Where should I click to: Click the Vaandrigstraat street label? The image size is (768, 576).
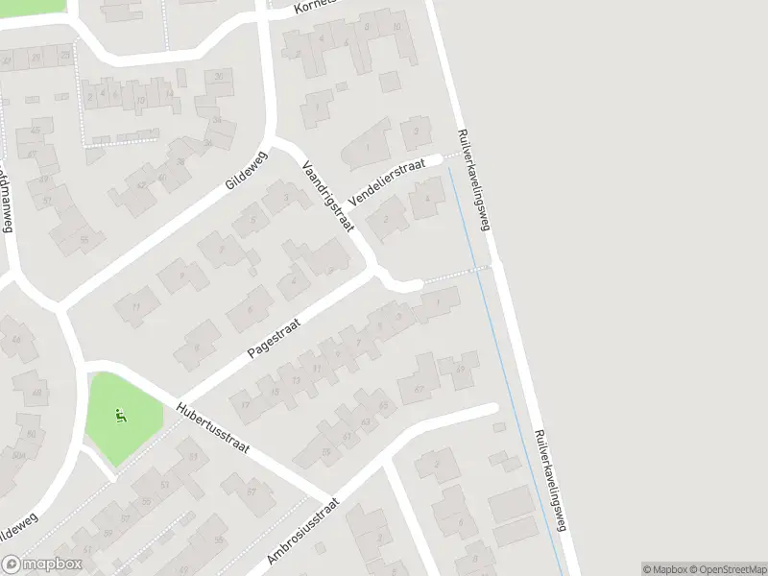329,196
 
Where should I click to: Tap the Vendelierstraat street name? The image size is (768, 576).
387,180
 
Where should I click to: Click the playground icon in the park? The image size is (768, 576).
120,416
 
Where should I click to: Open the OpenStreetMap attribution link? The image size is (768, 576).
727,568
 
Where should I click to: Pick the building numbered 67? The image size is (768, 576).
419,389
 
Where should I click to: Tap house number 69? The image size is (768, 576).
461,370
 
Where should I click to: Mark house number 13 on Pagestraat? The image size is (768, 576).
297,380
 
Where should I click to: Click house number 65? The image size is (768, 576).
385,406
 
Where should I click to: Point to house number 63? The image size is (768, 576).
364,420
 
